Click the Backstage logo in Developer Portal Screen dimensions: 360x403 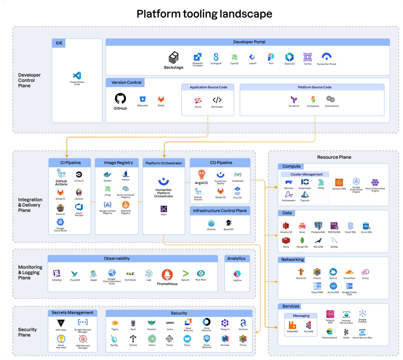click(x=174, y=58)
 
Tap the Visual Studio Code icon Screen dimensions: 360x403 click(x=77, y=76)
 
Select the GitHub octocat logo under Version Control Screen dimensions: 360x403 click(x=120, y=99)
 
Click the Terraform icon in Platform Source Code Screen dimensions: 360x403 click(x=294, y=100)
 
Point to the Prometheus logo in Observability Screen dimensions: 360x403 click(x=167, y=275)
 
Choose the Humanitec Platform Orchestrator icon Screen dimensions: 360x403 click(x=163, y=182)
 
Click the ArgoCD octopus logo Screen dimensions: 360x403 click(x=201, y=174)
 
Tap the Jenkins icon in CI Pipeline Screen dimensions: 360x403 click(x=79, y=192)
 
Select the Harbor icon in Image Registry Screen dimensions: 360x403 click(x=126, y=174)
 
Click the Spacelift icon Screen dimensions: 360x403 click(x=229, y=223)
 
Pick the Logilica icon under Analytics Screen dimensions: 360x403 click(x=237, y=274)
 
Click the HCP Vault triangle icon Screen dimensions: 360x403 click(x=61, y=323)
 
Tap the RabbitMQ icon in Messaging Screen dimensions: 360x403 click(x=292, y=325)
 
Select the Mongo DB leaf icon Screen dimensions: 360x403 click(x=302, y=240)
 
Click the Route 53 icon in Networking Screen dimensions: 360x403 click(x=301, y=272)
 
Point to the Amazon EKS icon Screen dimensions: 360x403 click(x=339, y=182)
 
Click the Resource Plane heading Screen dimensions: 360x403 click(x=334, y=157)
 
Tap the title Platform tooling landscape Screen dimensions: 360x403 click(x=204, y=14)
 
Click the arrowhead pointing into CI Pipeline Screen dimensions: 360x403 click(x=67, y=156)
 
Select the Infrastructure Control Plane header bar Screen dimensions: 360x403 click(x=220, y=211)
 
